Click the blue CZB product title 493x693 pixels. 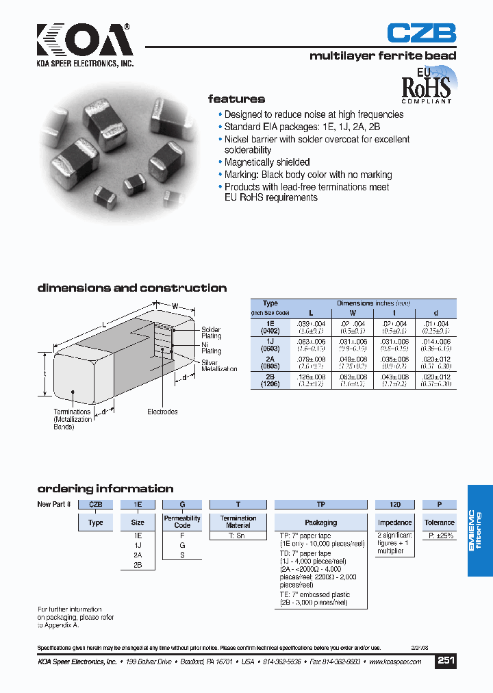[421, 34]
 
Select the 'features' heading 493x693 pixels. [236, 99]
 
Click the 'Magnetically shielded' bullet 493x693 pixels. [267, 162]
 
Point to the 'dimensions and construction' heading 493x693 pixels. [131, 288]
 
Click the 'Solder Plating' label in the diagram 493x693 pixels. [211, 333]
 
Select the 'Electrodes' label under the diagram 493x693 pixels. [162, 412]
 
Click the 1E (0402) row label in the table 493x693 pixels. [270, 327]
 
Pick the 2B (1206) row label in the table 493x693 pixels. [270, 380]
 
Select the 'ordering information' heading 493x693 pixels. [105, 489]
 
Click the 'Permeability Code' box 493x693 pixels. [182, 522]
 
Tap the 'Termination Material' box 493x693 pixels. [238, 522]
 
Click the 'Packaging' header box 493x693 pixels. [320, 522]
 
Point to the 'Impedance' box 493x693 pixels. [395, 522]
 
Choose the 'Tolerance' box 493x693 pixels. [439, 522]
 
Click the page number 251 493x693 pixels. [446, 661]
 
